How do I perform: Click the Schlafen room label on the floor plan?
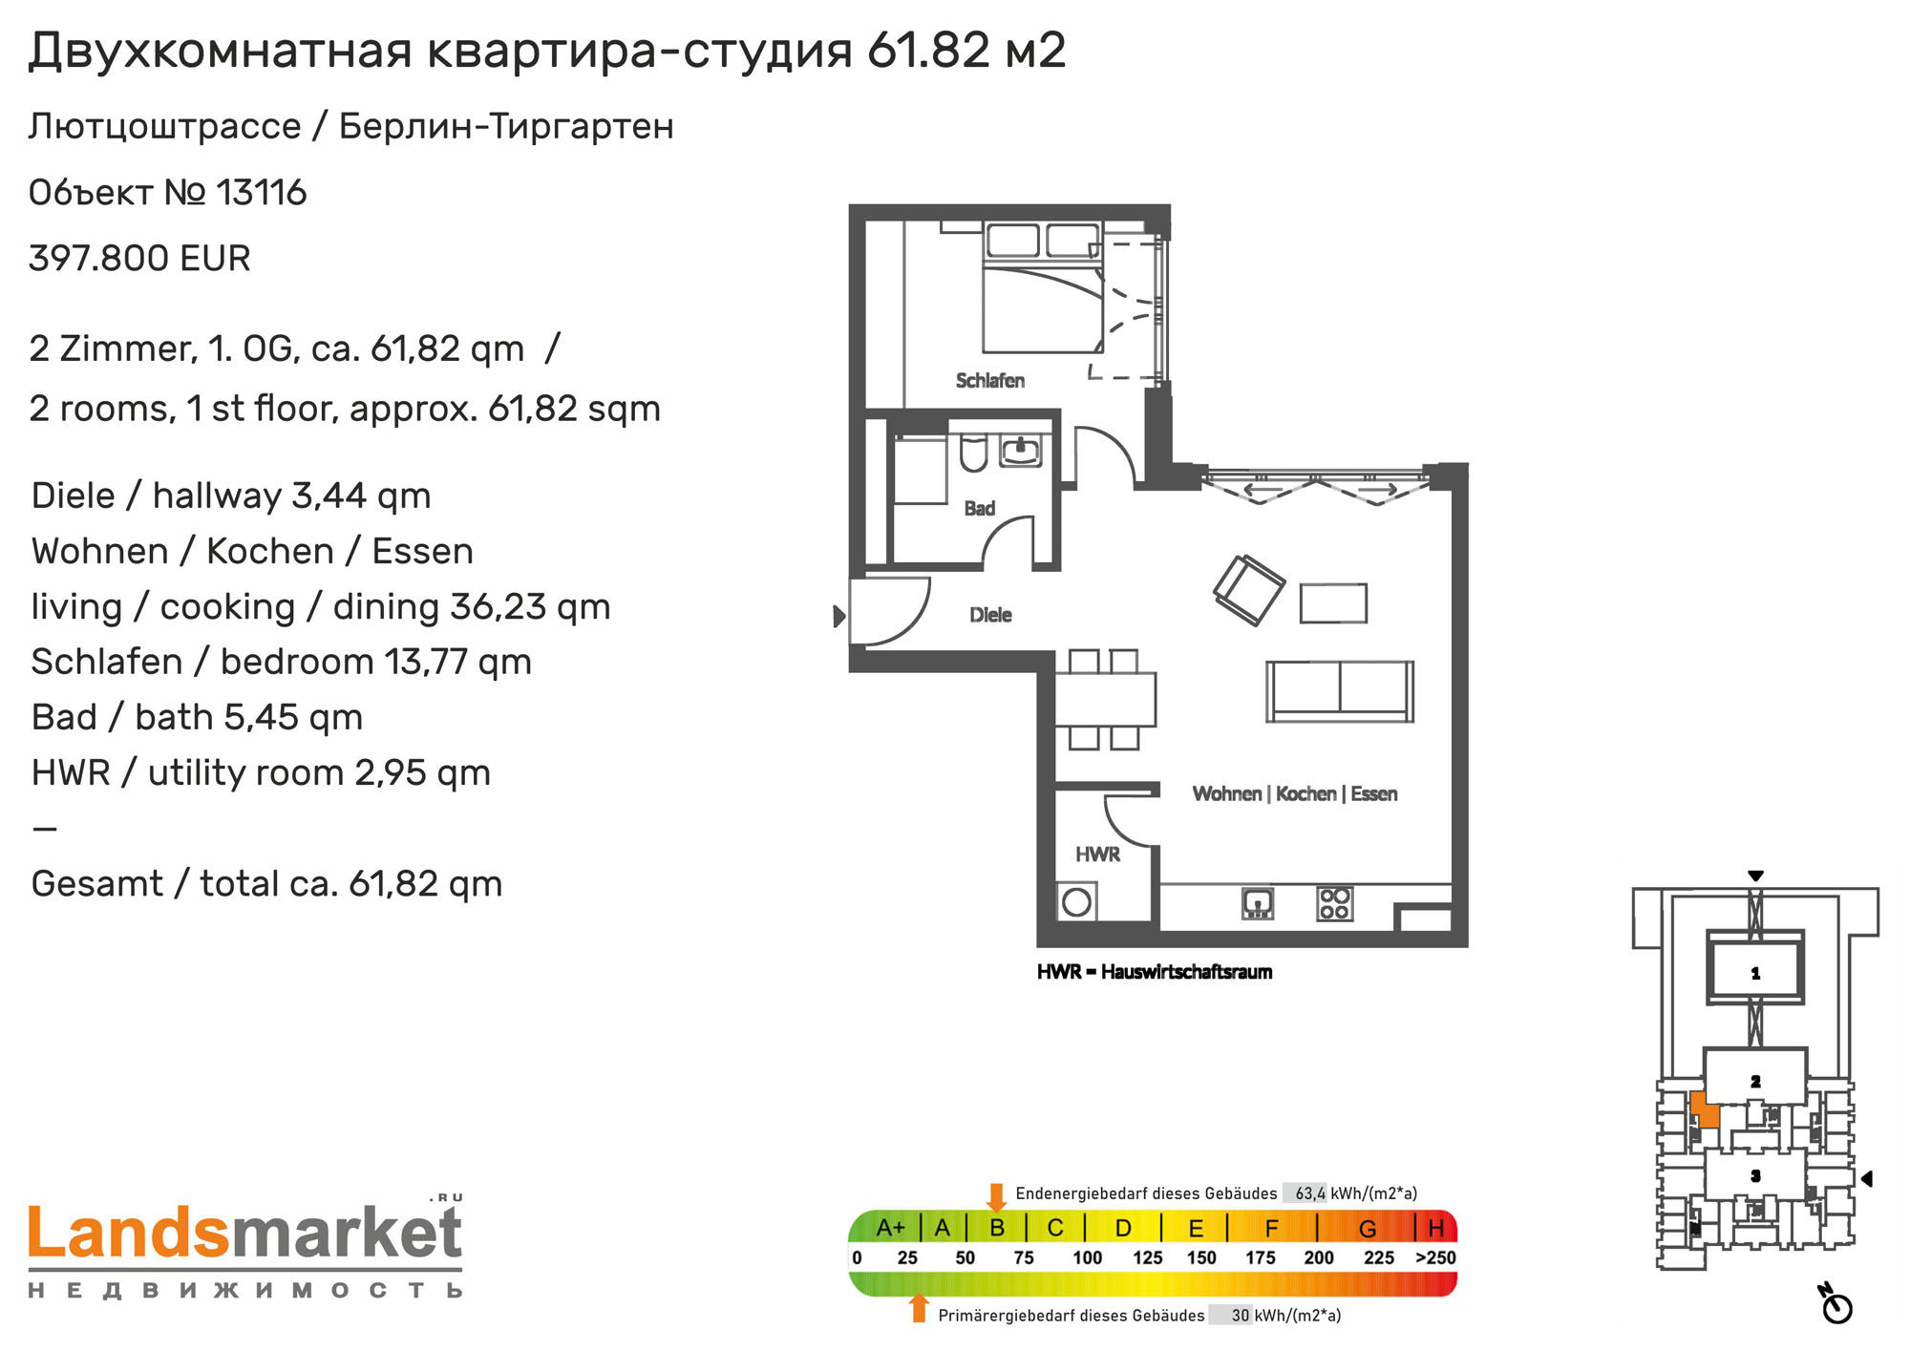(x=989, y=380)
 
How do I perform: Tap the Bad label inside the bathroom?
(x=979, y=508)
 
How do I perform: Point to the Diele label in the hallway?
(x=990, y=615)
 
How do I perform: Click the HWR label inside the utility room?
(x=1097, y=855)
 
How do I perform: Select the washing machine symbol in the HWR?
(x=1077, y=902)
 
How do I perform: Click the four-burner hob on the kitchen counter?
(x=1334, y=903)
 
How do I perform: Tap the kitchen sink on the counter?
(x=1258, y=903)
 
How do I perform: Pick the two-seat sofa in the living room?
(x=1340, y=691)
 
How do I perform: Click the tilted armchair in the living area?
(x=1248, y=589)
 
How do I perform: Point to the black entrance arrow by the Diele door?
(x=839, y=616)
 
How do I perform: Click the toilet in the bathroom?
(x=973, y=454)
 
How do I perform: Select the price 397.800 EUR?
(x=139, y=258)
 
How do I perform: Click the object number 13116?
(x=262, y=192)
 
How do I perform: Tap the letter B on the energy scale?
(x=997, y=1227)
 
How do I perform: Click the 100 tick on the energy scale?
(x=1087, y=1257)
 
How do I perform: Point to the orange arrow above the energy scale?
(x=996, y=1197)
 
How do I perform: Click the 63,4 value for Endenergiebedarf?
(x=1309, y=1193)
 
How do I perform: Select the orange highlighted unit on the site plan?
(x=1704, y=1109)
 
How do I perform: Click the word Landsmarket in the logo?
(x=245, y=1233)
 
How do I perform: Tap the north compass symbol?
(x=1836, y=1304)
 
